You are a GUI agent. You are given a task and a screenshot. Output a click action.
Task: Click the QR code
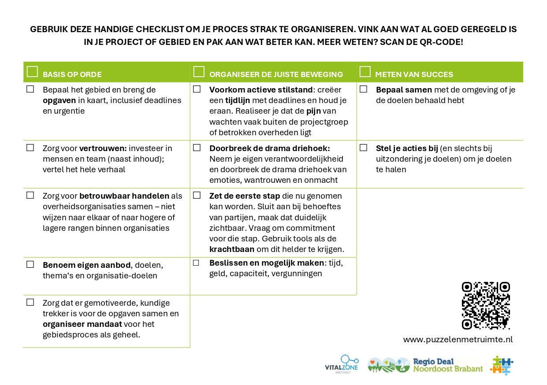[486, 306]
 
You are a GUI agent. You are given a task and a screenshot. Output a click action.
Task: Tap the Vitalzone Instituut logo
[342, 364]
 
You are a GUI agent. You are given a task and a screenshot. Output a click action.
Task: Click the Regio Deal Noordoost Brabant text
[447, 365]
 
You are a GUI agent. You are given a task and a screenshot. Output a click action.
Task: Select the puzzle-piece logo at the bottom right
[502, 365]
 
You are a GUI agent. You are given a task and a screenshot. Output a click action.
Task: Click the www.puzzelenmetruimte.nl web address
[458, 340]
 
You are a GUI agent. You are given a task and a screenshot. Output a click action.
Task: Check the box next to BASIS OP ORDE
[32, 72]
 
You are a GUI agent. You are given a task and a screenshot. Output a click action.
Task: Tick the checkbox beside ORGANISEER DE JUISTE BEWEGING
[199, 72]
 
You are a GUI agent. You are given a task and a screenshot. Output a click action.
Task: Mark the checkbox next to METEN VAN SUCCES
[365, 72]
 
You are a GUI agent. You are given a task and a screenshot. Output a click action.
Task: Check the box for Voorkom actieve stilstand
[197, 89]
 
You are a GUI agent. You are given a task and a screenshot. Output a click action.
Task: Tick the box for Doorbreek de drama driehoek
[197, 148]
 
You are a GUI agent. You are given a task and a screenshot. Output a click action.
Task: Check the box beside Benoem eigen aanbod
[30, 264]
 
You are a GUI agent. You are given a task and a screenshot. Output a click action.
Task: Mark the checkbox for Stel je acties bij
[363, 148]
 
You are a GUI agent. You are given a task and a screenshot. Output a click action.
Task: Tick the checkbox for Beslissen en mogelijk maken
[196, 263]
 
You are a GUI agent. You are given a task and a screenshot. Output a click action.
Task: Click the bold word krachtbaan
[232, 249]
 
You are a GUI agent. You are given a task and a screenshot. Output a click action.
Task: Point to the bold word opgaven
[60, 100]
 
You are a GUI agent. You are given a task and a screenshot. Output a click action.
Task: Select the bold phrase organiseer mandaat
[82, 324]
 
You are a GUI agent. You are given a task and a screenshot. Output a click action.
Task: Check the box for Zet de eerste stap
[197, 195]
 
